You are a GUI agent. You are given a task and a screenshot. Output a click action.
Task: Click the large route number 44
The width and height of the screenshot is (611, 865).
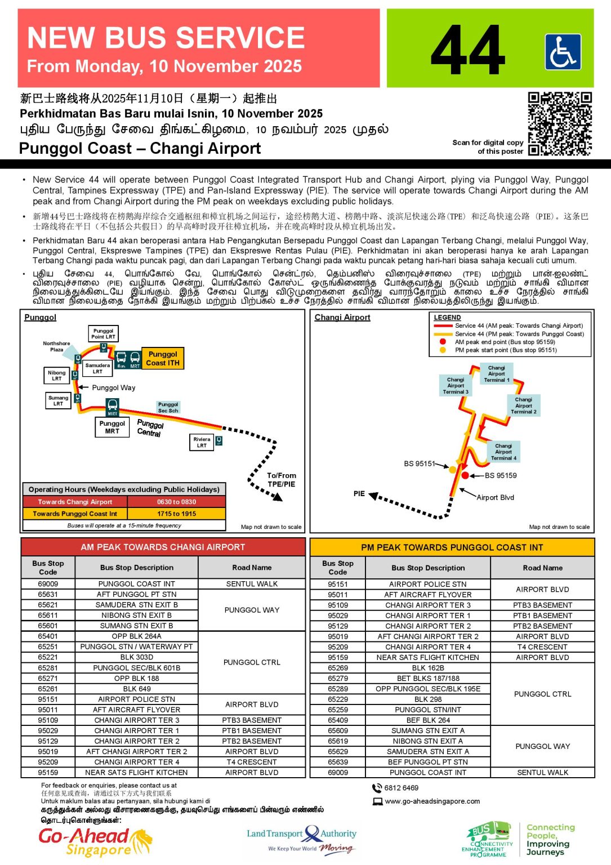click(467, 50)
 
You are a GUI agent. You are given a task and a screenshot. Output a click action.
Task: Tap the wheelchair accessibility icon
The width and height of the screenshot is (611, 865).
click(563, 52)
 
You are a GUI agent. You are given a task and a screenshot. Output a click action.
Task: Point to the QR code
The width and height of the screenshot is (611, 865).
click(559, 123)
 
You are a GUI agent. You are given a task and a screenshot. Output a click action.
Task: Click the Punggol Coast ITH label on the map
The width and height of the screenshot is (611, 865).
click(163, 359)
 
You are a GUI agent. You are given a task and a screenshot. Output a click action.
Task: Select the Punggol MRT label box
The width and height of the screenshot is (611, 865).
click(112, 427)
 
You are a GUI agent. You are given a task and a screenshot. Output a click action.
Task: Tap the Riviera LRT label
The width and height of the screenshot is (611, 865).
click(202, 443)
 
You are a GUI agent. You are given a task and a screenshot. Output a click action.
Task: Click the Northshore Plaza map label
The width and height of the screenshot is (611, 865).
click(56, 346)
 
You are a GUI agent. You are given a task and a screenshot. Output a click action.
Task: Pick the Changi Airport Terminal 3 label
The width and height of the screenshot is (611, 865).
click(456, 386)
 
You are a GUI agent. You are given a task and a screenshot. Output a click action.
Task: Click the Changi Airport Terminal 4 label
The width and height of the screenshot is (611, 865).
click(503, 452)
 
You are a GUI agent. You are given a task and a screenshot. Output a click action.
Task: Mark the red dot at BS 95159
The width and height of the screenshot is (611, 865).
click(465, 476)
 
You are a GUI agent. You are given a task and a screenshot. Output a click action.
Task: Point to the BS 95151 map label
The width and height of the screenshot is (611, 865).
click(419, 464)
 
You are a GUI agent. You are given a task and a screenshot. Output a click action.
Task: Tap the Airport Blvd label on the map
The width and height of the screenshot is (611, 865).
click(495, 497)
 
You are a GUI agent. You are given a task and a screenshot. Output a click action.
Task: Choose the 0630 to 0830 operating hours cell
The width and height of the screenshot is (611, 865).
click(176, 502)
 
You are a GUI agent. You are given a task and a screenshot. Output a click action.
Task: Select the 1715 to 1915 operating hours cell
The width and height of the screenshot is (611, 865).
click(176, 514)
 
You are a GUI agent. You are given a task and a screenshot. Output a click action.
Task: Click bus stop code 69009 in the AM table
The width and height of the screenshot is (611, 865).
click(48, 584)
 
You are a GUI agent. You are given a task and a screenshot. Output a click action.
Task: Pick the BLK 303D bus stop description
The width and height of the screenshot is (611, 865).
click(137, 657)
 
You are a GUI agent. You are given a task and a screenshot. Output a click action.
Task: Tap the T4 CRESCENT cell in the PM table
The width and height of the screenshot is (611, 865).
click(542, 647)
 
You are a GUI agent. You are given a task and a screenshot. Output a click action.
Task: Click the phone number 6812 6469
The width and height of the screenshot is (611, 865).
click(401, 788)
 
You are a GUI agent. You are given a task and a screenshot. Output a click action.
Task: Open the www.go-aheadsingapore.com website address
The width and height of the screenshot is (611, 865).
click(432, 801)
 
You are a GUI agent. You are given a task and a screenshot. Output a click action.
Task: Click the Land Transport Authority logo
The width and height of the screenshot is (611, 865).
click(302, 838)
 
